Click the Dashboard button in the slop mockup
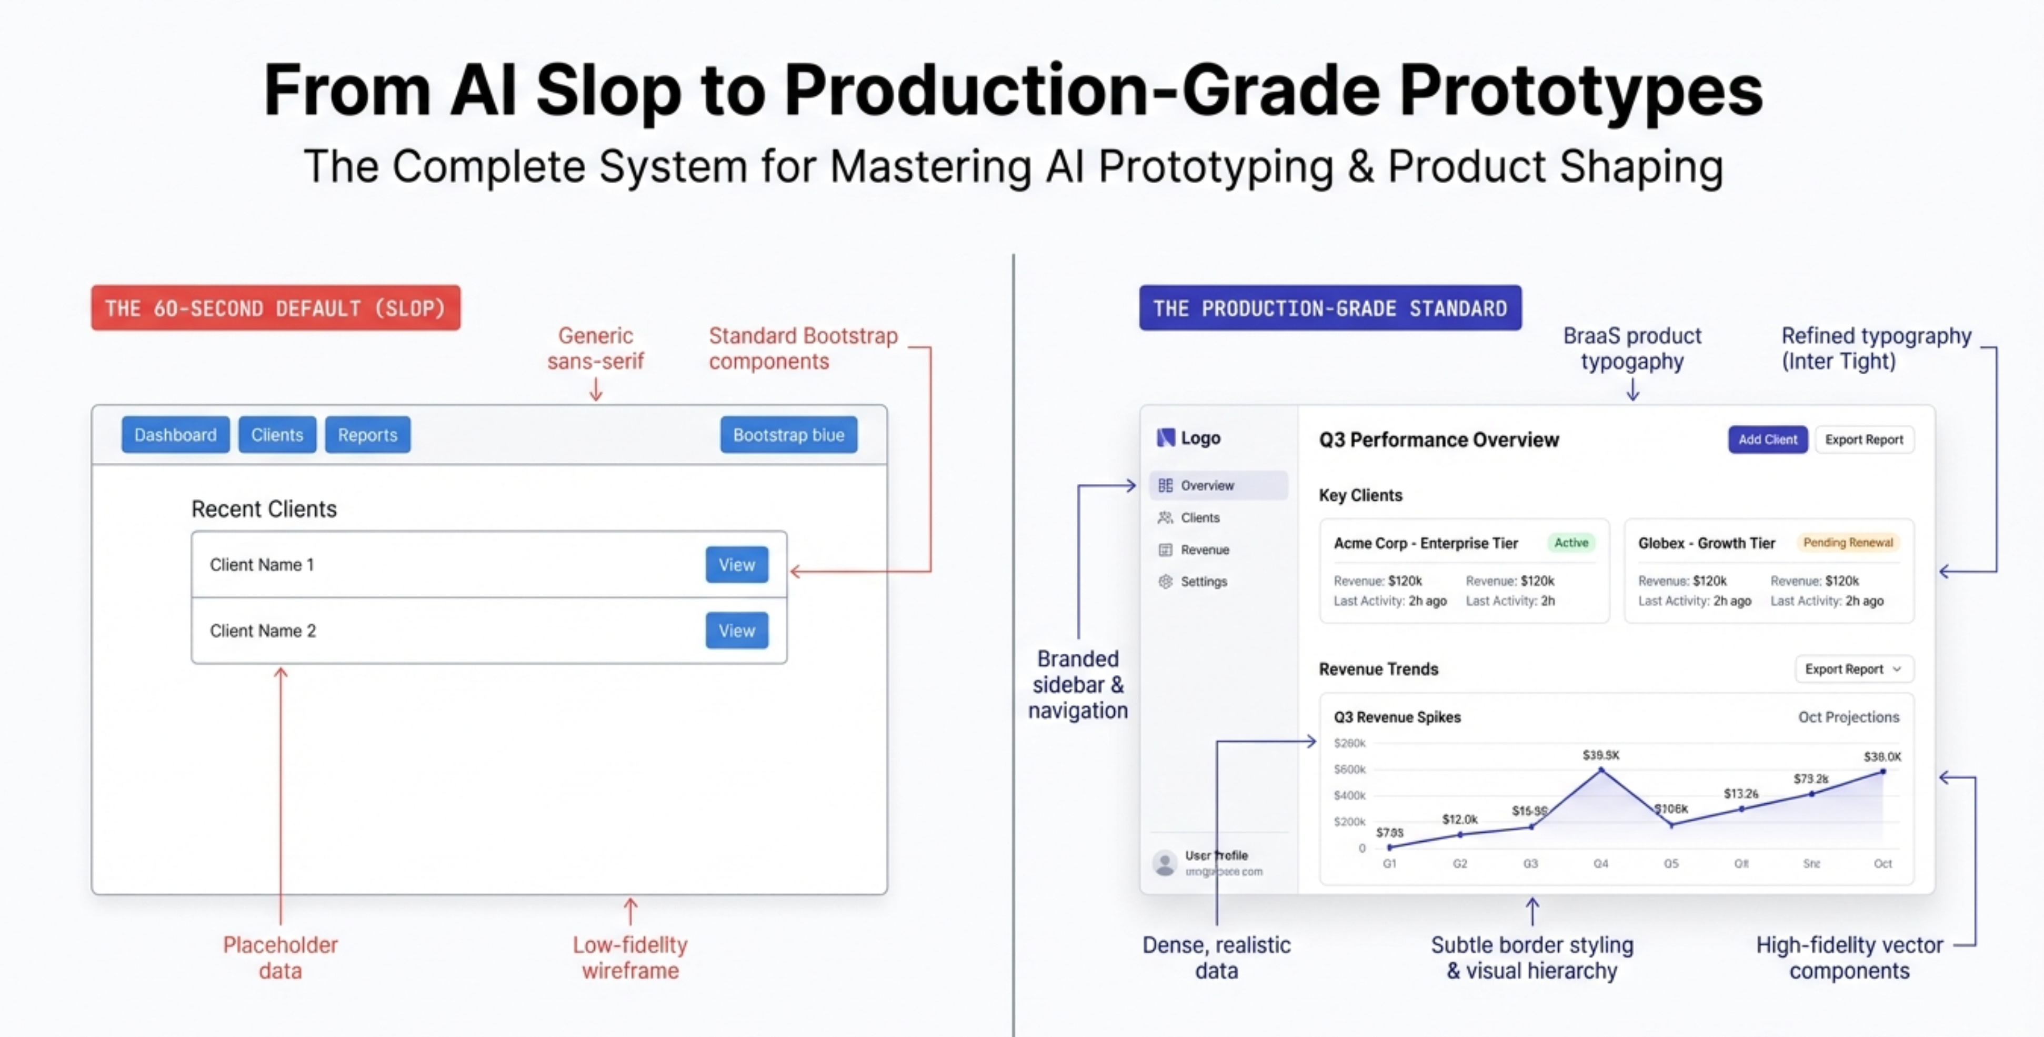coord(175,435)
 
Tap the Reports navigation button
coord(367,435)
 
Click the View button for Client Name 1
coord(736,565)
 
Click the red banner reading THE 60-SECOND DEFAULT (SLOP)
coord(275,308)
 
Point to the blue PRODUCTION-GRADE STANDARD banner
coord(1330,308)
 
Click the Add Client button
coord(1767,440)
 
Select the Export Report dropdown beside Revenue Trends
coord(1853,669)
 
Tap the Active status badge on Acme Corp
coord(1570,543)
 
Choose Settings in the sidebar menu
coord(1203,582)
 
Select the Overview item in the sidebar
coord(1206,485)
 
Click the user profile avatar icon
coord(1165,862)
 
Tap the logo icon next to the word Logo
coord(1165,437)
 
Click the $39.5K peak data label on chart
coord(1600,754)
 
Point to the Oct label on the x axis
coord(1882,863)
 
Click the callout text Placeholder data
coord(280,957)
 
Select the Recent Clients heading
coord(264,508)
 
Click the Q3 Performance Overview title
coord(1439,440)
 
